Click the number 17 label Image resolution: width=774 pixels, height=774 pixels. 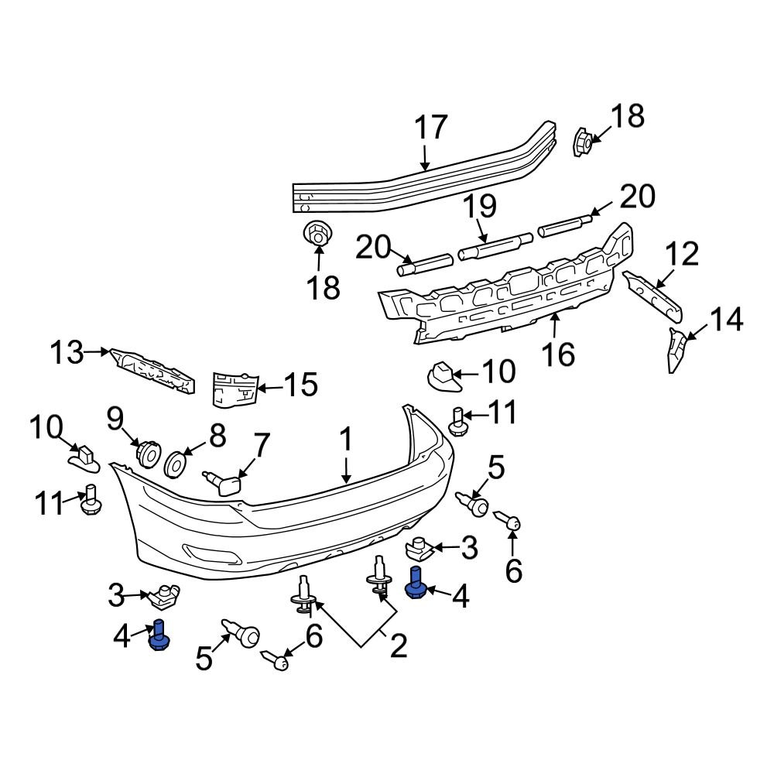(x=430, y=128)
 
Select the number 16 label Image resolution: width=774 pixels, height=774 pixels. (x=558, y=354)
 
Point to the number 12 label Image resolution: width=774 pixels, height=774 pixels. (x=681, y=255)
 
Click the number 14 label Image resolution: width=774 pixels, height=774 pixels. (x=726, y=319)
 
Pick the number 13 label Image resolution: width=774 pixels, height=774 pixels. (x=67, y=353)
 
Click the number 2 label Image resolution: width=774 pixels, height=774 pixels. (x=397, y=646)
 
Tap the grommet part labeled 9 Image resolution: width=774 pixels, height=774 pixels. (x=147, y=452)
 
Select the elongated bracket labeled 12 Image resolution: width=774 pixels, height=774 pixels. (x=653, y=296)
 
